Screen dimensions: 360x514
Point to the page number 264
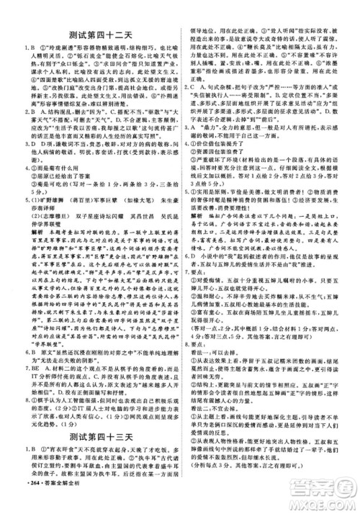point(17,500)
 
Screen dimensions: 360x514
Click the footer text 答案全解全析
point(49,500)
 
